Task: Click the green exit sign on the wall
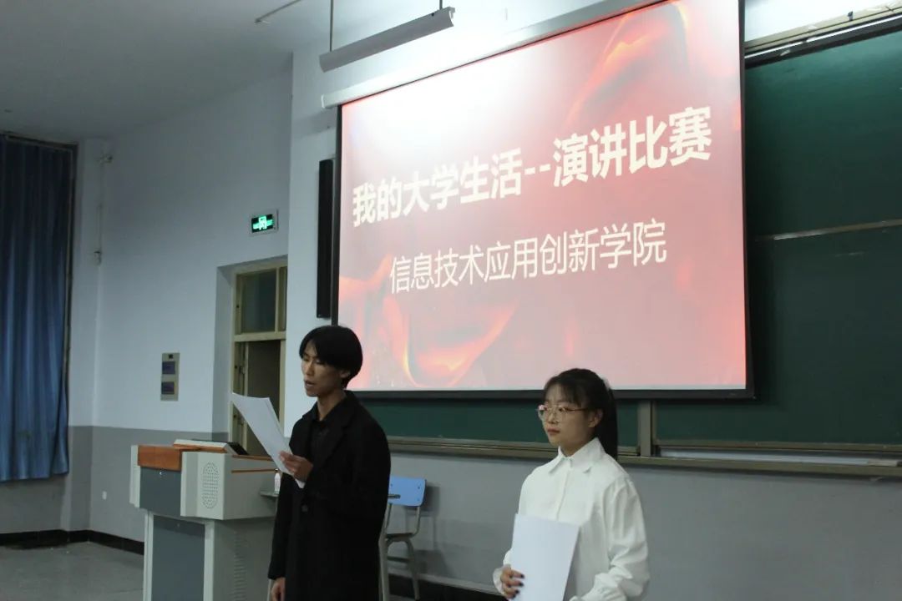pos(264,222)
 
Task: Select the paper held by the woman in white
pos(544,557)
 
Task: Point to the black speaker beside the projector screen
pos(325,238)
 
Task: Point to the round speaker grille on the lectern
pos(210,486)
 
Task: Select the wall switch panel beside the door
pos(170,376)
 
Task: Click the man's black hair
pos(332,350)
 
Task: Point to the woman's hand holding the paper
pos(510,580)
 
